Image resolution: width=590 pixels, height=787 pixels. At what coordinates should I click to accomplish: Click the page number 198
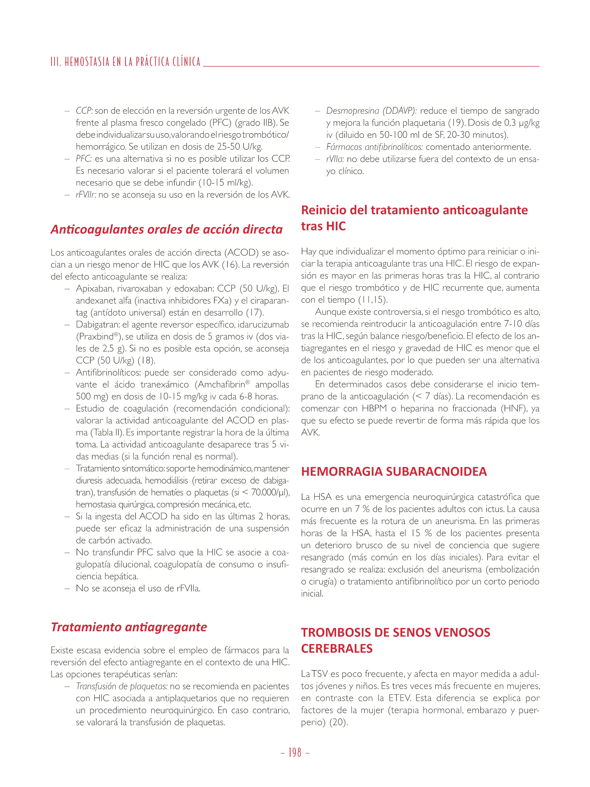[295, 752]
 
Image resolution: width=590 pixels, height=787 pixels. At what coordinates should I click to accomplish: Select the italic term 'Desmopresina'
[353, 111]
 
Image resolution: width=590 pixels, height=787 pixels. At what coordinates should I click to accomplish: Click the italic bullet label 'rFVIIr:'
[86, 195]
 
